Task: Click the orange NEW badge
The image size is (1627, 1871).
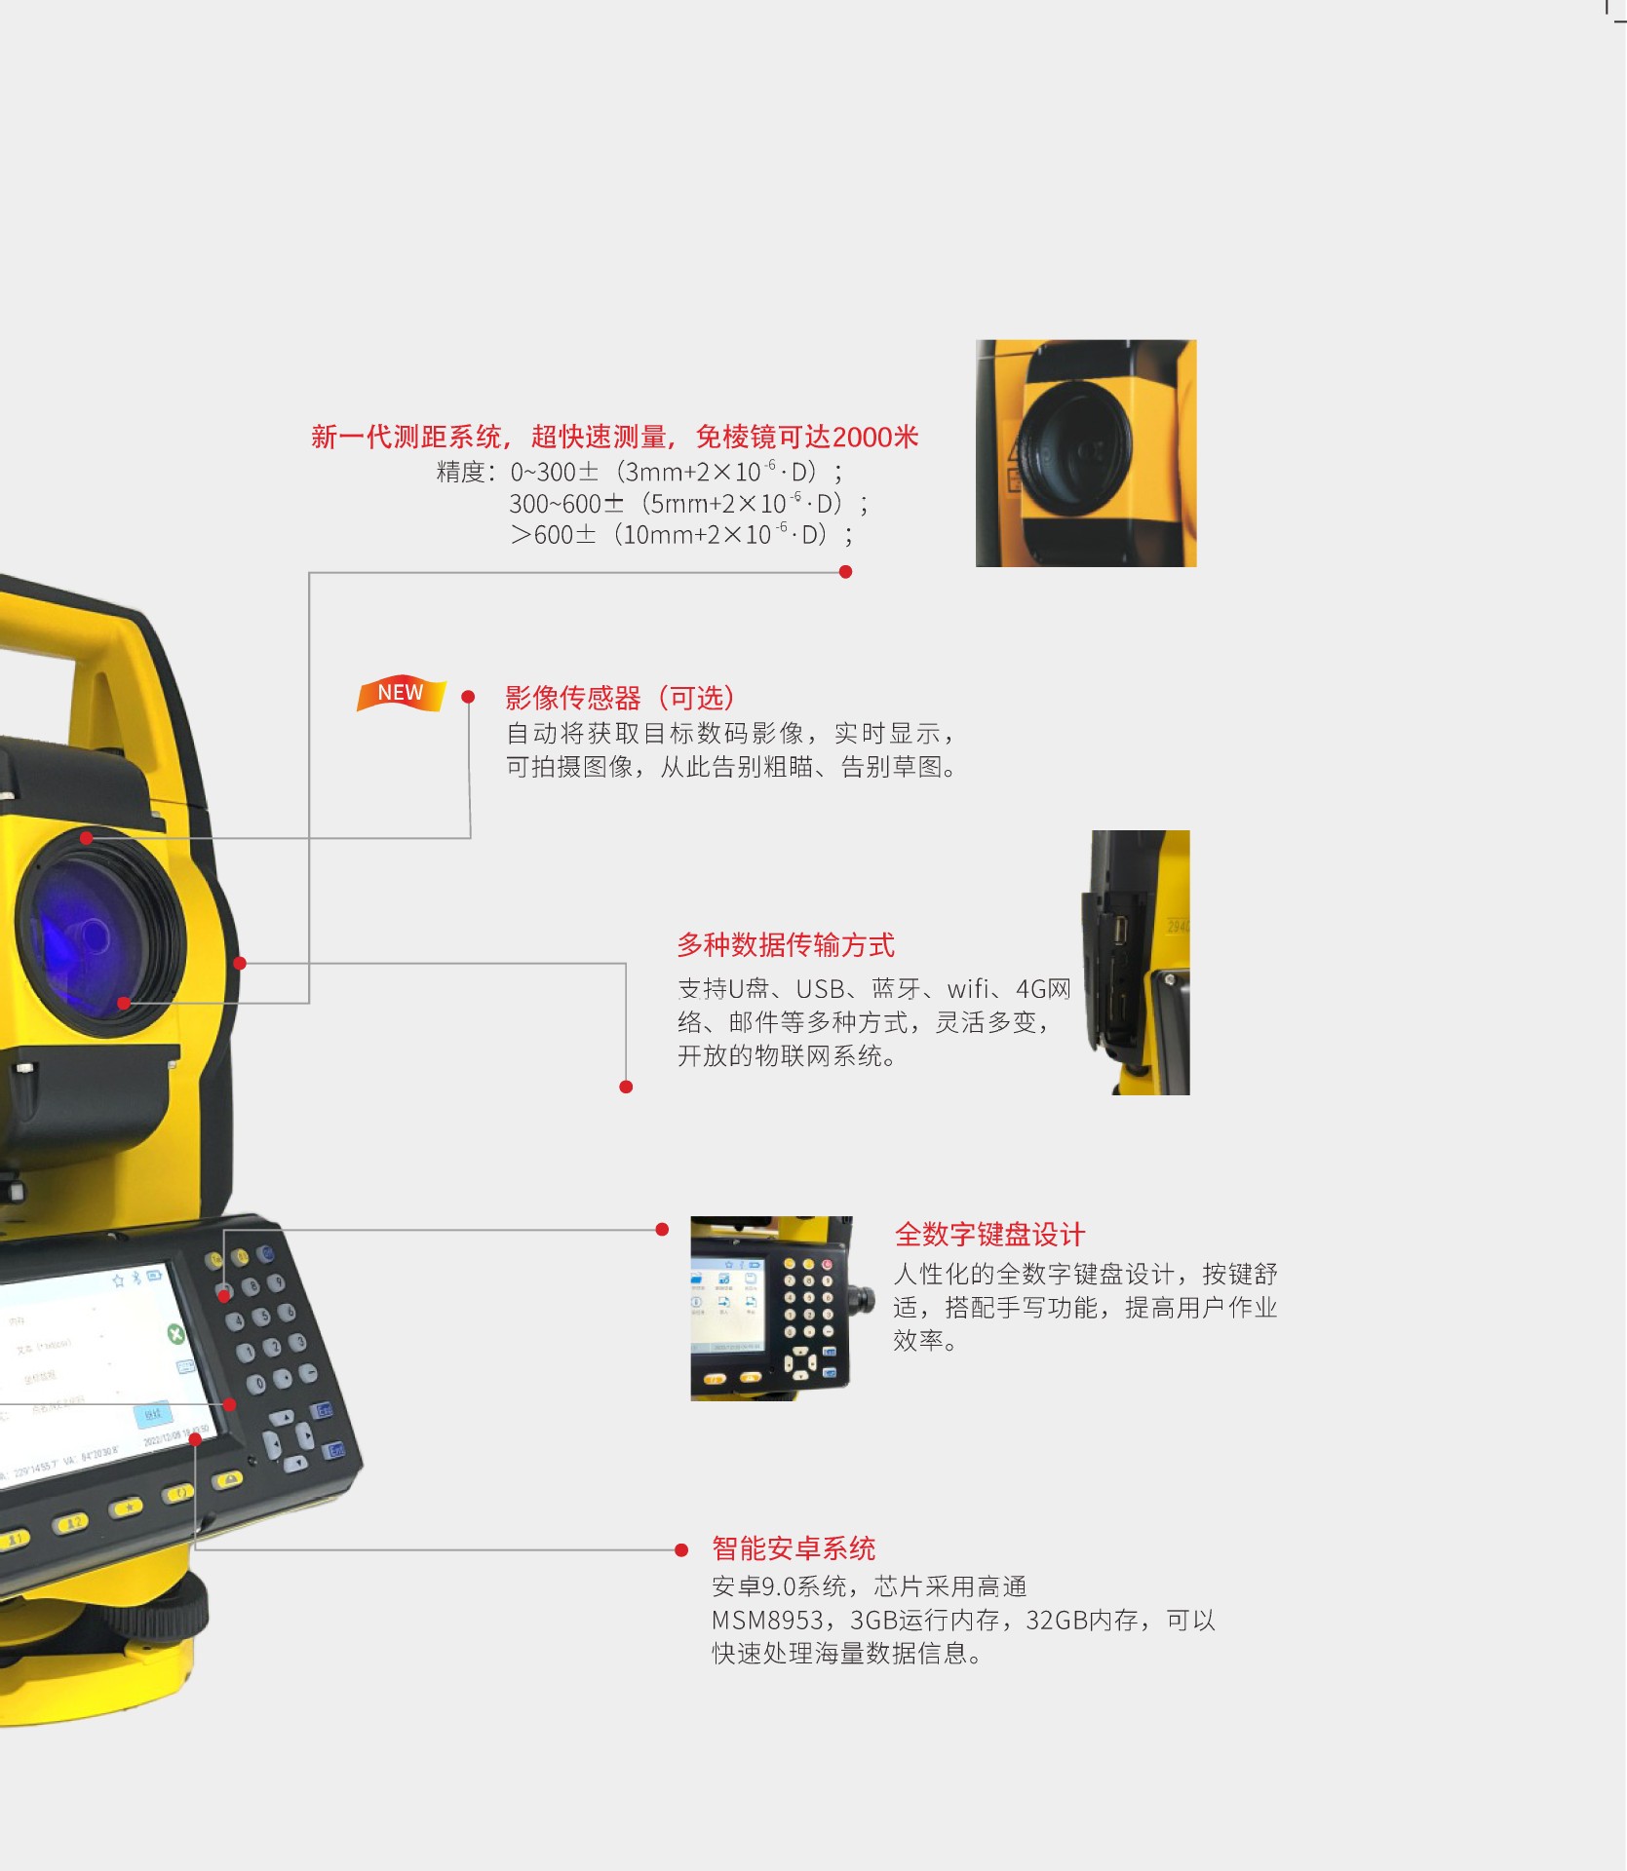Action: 401,693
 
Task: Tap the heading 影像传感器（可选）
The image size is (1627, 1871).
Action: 620,698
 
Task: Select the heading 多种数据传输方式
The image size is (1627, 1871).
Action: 786,945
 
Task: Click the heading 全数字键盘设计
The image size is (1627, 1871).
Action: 989,1235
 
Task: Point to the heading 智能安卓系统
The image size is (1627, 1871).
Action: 794,1548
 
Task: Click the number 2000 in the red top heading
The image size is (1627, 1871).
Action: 862,437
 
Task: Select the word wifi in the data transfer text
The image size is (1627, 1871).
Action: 969,989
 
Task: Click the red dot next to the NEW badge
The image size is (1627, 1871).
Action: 468,697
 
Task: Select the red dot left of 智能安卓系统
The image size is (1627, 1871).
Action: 681,1549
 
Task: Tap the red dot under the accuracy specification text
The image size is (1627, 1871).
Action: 845,572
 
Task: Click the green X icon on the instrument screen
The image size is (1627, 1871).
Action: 175,1334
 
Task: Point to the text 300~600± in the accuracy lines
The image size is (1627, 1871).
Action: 566,504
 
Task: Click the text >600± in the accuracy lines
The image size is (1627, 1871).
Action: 553,535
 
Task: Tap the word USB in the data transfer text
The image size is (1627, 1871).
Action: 820,989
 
